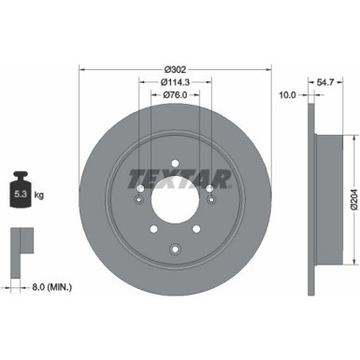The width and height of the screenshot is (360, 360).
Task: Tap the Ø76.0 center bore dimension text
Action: coord(175,94)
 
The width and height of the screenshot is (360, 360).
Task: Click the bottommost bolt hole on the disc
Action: coord(175,248)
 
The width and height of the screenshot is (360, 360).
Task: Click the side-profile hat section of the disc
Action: coord(324,197)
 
